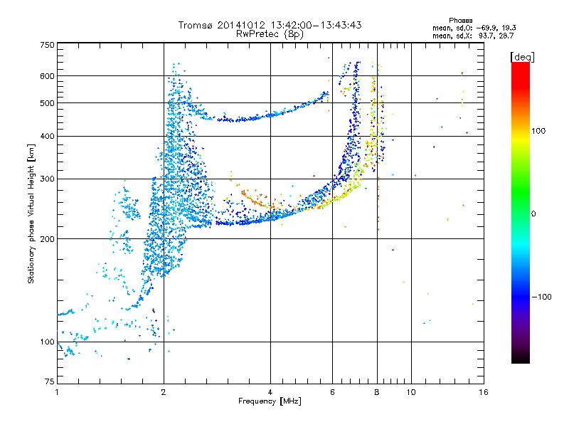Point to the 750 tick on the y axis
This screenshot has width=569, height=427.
tap(47, 45)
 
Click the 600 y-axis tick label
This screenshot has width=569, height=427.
tap(47, 76)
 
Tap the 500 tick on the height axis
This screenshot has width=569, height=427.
tap(47, 103)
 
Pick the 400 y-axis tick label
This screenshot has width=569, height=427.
tap(47, 137)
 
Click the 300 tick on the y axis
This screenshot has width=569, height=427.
tap(47, 179)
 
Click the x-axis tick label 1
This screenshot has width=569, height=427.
tap(57, 392)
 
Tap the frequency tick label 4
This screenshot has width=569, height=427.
tap(270, 392)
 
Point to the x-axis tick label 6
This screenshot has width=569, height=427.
tap(332, 392)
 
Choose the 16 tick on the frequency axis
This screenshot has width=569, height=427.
tap(482, 392)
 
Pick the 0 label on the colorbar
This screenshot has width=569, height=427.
tap(534, 213)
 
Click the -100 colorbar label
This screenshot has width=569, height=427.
tap(541, 297)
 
